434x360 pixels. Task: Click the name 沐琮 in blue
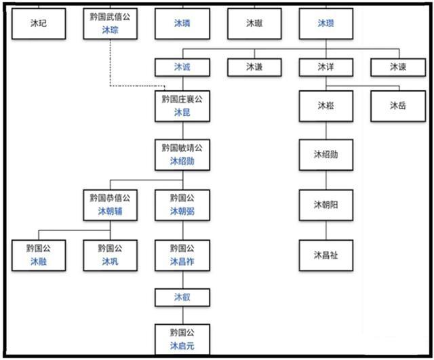click(x=110, y=30)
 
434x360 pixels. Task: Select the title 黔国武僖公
click(x=110, y=16)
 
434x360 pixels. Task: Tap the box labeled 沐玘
click(x=39, y=22)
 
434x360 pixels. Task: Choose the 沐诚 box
click(x=182, y=67)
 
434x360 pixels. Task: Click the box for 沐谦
click(x=254, y=67)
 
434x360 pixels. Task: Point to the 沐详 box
click(x=326, y=67)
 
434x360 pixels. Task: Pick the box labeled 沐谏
click(x=398, y=67)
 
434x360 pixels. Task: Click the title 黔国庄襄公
click(x=182, y=99)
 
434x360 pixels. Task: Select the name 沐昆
click(x=182, y=112)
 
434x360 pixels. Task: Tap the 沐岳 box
click(x=398, y=106)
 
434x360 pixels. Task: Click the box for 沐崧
click(x=326, y=106)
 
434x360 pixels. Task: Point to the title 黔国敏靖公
click(x=182, y=148)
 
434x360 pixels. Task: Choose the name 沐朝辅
click(x=110, y=212)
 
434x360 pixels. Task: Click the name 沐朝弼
click(x=182, y=212)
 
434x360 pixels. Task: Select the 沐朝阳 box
click(x=326, y=205)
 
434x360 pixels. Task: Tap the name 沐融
click(x=39, y=261)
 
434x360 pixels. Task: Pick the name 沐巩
click(x=110, y=261)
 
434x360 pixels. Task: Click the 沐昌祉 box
click(x=326, y=255)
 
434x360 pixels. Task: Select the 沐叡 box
click(x=182, y=296)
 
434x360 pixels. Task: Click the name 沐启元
click(x=182, y=346)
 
